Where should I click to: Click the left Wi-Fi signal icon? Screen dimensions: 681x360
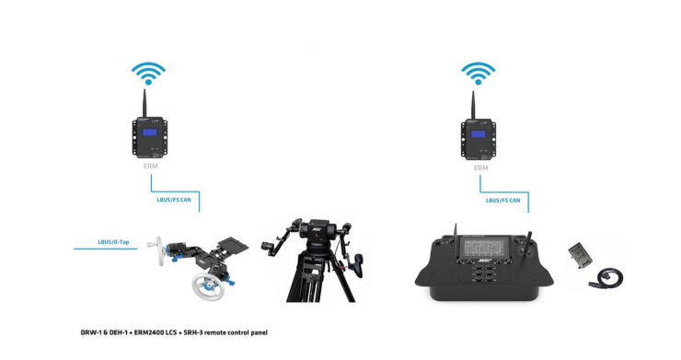point(148,73)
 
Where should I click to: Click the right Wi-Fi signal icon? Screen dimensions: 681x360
point(479,73)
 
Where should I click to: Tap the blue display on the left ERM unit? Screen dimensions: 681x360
point(149,133)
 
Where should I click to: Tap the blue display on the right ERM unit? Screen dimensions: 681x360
point(479,134)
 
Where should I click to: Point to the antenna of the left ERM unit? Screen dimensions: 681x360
point(144,103)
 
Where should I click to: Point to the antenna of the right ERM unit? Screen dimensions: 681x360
point(473,105)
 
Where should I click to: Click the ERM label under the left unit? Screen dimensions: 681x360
point(150,166)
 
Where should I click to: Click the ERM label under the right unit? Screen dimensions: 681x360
point(480,168)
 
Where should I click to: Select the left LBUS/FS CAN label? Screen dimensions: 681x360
point(174,200)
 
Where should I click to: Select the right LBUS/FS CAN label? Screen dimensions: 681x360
point(503,201)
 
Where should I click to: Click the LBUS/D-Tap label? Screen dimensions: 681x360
point(113,242)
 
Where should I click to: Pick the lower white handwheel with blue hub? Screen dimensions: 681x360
point(209,286)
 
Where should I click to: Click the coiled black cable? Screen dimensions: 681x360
point(607,277)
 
